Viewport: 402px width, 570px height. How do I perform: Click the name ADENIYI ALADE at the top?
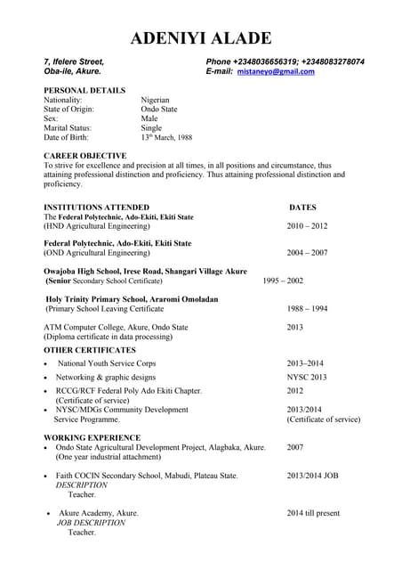(x=201, y=37)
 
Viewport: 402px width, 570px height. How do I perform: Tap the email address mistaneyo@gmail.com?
(x=276, y=71)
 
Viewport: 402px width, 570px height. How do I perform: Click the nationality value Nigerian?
(x=155, y=101)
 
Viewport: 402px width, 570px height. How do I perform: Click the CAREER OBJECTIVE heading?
(x=84, y=156)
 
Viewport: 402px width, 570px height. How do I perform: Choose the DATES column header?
(x=303, y=207)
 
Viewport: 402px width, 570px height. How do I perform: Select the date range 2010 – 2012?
(x=307, y=226)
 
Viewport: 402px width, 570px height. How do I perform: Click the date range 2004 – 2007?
(x=307, y=253)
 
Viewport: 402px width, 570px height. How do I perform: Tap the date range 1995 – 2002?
(x=283, y=281)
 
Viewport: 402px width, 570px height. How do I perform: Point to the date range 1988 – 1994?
(x=307, y=308)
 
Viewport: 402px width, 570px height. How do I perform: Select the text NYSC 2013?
(x=307, y=378)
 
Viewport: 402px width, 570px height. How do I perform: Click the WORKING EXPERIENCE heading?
(x=92, y=437)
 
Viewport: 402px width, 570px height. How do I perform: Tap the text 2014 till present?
(x=313, y=513)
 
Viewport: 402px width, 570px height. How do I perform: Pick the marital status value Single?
(x=151, y=128)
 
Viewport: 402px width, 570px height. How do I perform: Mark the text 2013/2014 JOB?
(x=312, y=476)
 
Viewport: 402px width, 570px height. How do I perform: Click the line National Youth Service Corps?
(x=107, y=363)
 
